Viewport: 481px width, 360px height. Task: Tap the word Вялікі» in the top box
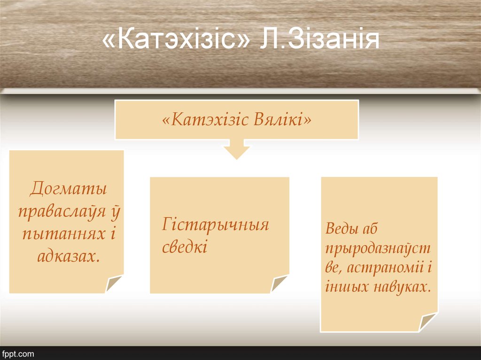point(283,120)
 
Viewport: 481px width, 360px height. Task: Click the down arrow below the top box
point(236,149)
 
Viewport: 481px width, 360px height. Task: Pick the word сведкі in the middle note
point(185,247)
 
